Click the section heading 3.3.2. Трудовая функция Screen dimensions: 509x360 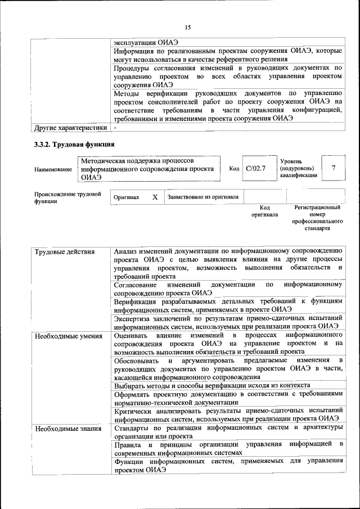71,145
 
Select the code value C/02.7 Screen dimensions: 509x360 256,168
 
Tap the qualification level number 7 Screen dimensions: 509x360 334,168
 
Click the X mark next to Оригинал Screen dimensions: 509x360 155,197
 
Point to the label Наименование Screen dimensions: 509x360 53,169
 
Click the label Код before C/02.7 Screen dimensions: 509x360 234,168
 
